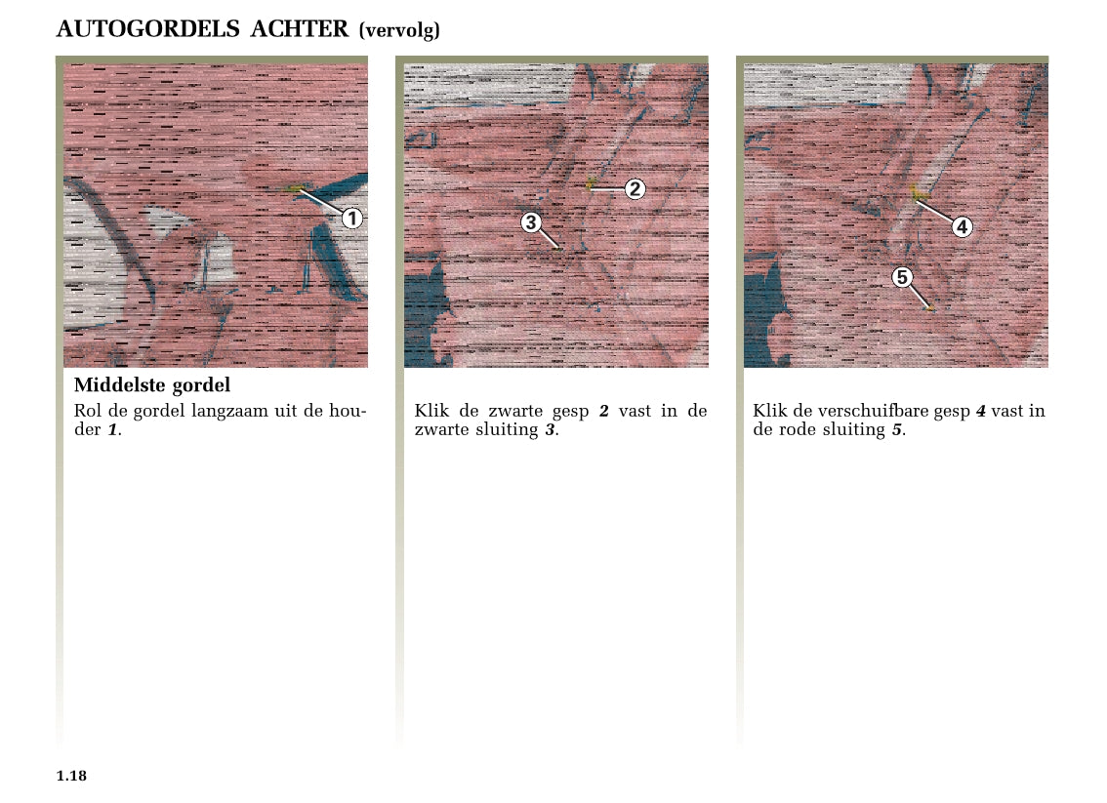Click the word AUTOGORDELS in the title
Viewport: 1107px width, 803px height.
[148, 29]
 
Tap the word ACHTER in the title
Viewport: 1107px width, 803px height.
[300, 29]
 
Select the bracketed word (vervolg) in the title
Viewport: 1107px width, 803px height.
[399, 30]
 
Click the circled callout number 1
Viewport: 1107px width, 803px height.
[352, 218]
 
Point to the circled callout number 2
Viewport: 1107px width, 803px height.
[635, 188]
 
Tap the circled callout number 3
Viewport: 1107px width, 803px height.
[531, 222]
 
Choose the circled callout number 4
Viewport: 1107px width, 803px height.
[962, 226]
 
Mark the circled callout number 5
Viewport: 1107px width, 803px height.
[902, 276]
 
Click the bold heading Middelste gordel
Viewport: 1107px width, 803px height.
[152, 385]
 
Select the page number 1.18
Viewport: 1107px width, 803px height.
[71, 776]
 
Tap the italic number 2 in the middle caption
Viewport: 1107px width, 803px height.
[603, 412]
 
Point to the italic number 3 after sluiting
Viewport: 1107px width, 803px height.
[550, 429]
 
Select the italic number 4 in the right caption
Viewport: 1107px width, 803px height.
[981, 412]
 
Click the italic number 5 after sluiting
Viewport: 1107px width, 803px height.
[896, 429]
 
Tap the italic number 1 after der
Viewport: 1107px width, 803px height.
[112, 429]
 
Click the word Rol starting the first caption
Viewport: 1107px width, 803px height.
[88, 411]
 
